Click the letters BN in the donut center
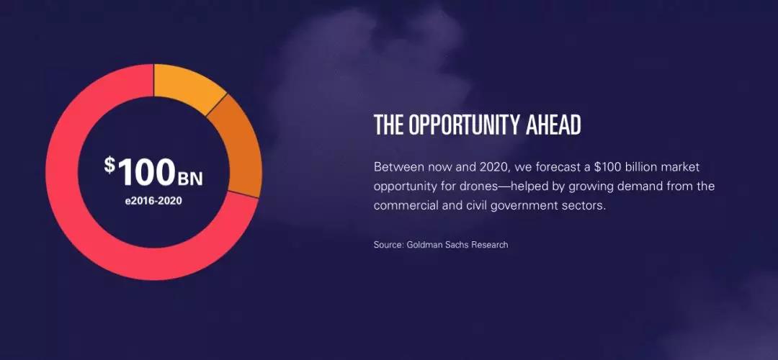tap(190, 179)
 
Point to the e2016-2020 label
tap(154, 202)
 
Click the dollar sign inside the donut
tap(109, 165)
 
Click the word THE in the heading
tap(389, 125)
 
